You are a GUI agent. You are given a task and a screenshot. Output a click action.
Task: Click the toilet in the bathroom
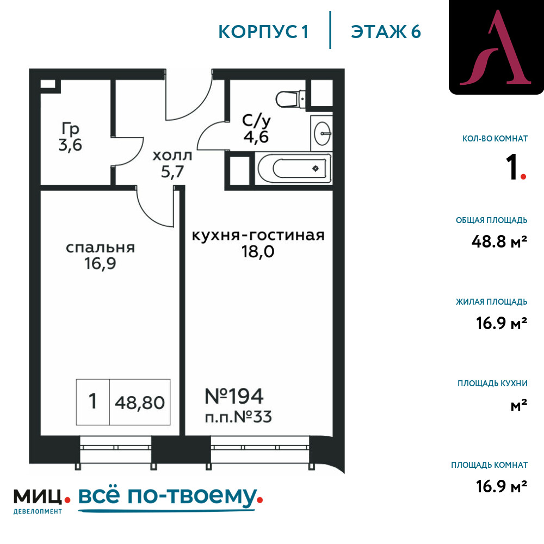[290, 99]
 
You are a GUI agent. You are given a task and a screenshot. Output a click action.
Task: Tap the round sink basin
[322, 133]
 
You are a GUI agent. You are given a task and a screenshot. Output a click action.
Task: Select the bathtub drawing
[294, 169]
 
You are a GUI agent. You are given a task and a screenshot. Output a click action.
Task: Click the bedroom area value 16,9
[100, 263]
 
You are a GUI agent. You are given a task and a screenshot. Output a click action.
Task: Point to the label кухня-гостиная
[258, 235]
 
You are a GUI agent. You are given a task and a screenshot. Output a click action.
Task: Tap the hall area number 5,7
[172, 171]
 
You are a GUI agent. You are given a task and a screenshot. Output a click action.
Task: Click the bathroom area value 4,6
[256, 137]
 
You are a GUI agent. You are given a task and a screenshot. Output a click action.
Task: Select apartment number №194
[234, 396]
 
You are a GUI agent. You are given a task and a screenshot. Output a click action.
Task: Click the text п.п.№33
[238, 417]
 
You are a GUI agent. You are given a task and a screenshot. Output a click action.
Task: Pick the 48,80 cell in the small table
[139, 403]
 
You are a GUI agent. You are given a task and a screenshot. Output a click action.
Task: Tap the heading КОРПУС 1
[263, 32]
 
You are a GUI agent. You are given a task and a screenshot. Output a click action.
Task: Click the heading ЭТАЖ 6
[386, 32]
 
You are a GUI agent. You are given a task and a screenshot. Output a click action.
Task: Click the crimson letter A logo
[496, 47]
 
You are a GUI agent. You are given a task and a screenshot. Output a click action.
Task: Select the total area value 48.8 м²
[499, 241]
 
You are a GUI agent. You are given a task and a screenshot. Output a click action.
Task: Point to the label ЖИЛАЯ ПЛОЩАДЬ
[492, 301]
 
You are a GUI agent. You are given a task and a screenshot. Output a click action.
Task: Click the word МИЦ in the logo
[38, 497]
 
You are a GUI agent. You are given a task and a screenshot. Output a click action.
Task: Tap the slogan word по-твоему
[192, 497]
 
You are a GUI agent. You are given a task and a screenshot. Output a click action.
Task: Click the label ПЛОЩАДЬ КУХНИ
[492, 384]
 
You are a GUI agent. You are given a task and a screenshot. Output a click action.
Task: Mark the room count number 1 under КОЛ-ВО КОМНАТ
[511, 167]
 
